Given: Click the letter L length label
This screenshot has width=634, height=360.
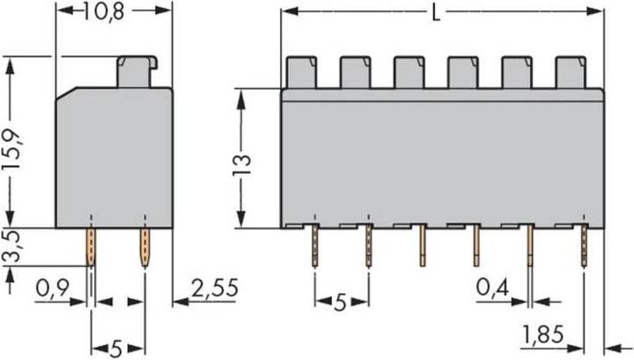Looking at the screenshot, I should pyautogui.click(x=439, y=12).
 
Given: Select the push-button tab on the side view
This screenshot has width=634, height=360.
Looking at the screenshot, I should pyautogui.click(x=136, y=71).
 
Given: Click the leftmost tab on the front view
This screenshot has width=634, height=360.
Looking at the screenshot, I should pyautogui.click(x=302, y=72).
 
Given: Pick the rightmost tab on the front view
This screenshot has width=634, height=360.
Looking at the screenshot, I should pyautogui.click(x=570, y=72).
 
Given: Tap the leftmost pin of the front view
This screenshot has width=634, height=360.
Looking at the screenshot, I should pyautogui.click(x=314, y=246).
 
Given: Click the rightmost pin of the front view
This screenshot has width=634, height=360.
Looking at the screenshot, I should pyautogui.click(x=584, y=246).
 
